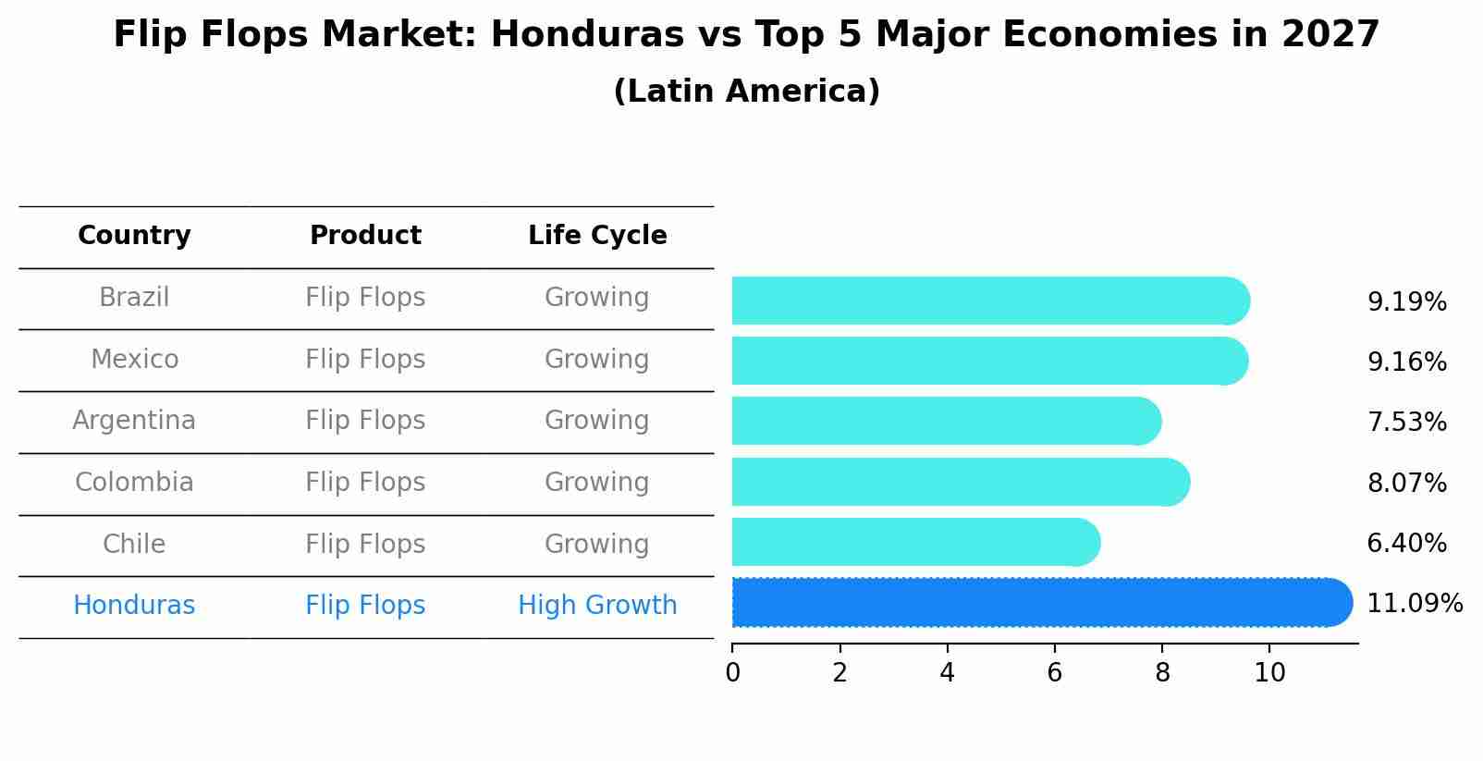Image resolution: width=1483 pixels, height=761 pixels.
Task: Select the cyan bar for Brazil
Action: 989,301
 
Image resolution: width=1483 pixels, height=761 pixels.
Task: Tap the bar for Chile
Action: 915,542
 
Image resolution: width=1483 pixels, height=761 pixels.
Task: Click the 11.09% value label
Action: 1414,604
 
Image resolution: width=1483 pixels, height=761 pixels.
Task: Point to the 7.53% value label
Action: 1406,423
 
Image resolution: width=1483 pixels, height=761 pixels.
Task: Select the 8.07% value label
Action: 1406,484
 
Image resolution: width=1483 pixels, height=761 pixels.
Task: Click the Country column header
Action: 134,236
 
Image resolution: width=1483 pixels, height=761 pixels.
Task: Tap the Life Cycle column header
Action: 597,236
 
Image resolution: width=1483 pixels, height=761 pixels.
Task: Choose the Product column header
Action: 365,236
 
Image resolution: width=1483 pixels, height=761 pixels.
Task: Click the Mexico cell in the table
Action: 134,360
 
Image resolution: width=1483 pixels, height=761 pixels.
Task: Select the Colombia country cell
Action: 134,483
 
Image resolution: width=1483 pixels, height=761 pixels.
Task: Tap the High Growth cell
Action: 597,606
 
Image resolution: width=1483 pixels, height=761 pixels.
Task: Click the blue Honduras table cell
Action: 134,606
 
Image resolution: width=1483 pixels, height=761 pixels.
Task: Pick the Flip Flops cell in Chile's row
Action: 365,545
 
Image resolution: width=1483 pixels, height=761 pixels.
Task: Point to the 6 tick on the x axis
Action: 1054,673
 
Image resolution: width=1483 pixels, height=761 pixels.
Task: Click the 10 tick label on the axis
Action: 1269,673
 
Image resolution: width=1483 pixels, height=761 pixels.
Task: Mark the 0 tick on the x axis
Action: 732,673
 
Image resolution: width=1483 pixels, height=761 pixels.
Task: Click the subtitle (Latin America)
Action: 746,92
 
